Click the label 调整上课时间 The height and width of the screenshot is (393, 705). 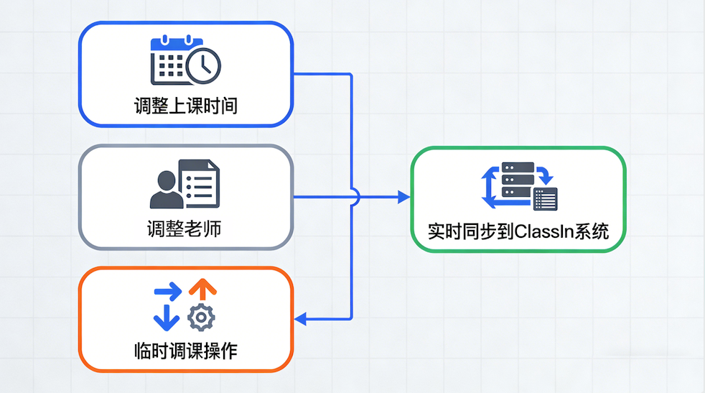[185, 106]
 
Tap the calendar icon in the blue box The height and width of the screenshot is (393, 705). [170, 60]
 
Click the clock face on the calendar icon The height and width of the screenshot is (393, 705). [204, 66]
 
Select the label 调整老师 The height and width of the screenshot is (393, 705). [185, 229]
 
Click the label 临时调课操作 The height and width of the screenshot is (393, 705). [185, 351]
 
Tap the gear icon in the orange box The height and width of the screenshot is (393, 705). [201, 316]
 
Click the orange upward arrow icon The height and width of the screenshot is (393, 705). [202, 289]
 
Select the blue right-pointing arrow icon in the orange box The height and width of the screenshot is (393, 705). [169, 292]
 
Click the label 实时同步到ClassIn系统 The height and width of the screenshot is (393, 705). [518, 232]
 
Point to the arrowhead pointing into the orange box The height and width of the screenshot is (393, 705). [301, 318]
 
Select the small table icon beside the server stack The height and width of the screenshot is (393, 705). [546, 199]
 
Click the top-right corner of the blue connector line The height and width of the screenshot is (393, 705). [351, 74]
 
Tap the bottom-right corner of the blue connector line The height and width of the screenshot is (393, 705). [351, 318]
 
